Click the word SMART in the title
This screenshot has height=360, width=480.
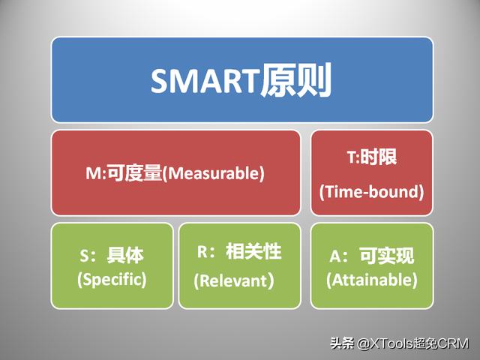tap(205, 81)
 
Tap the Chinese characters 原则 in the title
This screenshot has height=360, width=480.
tap(296, 80)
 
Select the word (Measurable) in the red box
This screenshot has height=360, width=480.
tap(213, 173)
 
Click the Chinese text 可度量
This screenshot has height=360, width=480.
tap(135, 173)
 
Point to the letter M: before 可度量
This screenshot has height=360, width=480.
tap(96, 173)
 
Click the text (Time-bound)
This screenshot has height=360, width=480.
tap(371, 192)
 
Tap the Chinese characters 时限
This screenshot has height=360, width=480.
tap(378, 157)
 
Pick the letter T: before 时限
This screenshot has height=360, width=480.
tap(353, 157)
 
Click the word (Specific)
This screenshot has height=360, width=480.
tap(112, 280)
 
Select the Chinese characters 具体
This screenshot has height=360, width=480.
tap(125, 255)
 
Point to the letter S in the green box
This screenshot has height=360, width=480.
tap(85, 256)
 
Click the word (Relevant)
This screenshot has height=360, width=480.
tap(234, 280)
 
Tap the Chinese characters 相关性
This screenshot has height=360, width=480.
tap(253, 252)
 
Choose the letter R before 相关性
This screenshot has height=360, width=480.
tap(202, 252)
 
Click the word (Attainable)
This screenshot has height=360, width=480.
tap(372, 280)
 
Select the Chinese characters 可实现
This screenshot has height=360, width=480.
tap(387, 256)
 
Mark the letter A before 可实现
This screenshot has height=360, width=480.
tap(335, 256)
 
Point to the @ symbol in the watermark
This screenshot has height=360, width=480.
tap(364, 344)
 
